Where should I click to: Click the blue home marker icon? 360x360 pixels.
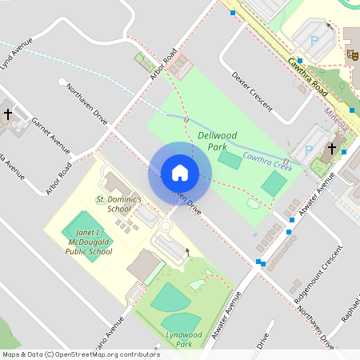click(179, 173)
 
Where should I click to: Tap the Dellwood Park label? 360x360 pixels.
click(213, 142)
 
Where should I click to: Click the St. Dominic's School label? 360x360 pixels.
click(118, 203)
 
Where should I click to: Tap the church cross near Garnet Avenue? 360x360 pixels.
click(8, 114)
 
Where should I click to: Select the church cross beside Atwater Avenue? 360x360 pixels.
click(332, 149)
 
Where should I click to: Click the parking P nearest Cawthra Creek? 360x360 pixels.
click(308, 150)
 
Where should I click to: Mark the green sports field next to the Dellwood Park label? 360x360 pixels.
click(230, 160)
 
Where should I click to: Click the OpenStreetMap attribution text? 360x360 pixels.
click(81, 354)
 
